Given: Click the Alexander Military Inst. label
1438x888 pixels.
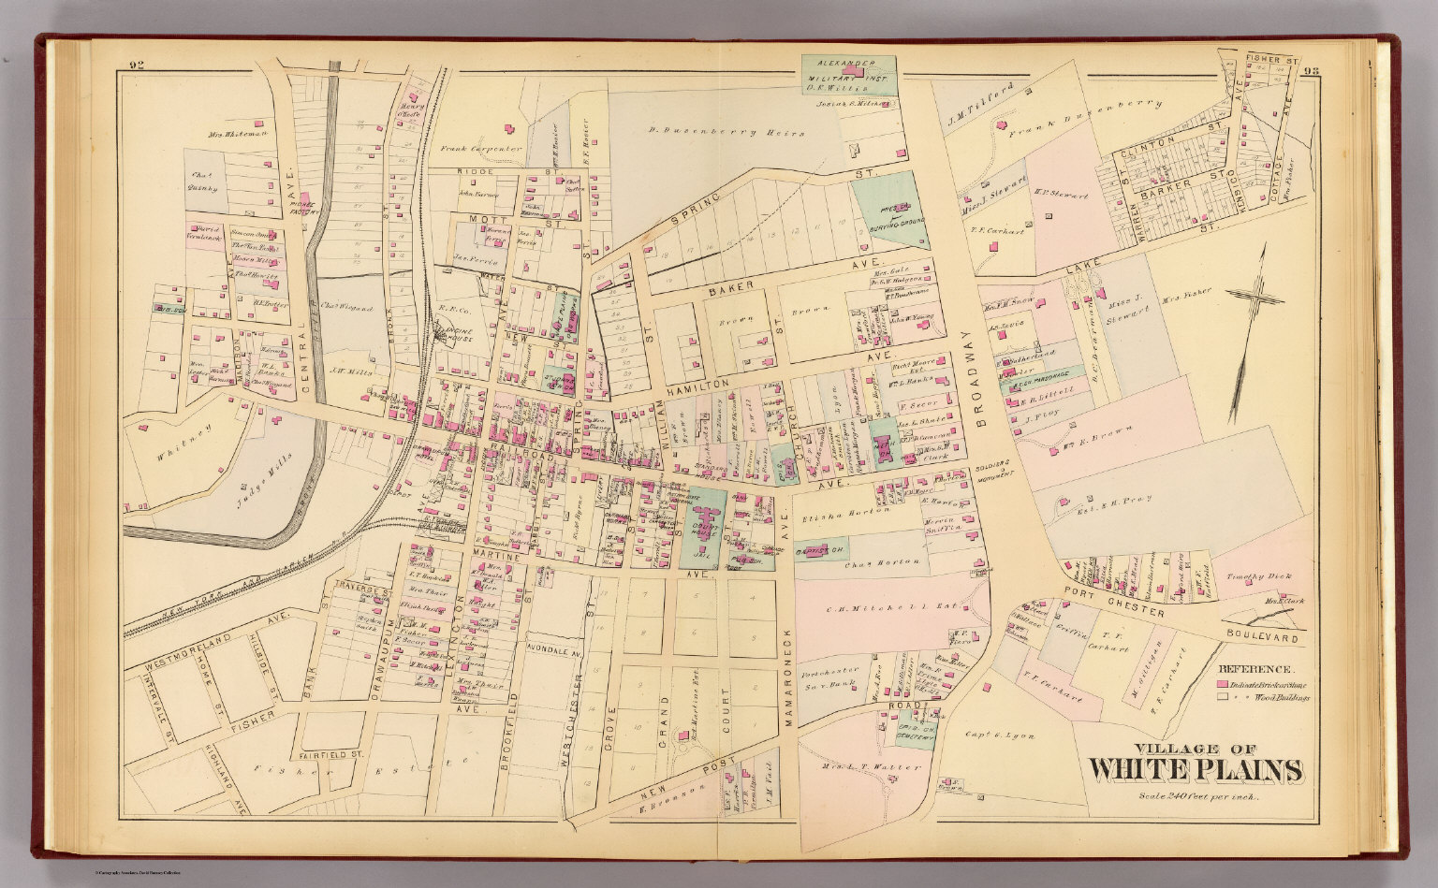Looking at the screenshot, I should click(x=850, y=74).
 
